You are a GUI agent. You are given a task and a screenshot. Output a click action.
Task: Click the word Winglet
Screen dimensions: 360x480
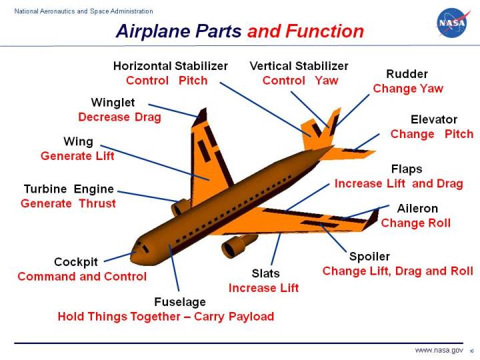[x=113, y=102]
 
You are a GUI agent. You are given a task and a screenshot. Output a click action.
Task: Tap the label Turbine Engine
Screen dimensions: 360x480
[x=69, y=189]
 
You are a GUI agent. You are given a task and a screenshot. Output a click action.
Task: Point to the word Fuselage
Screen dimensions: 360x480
[x=180, y=302]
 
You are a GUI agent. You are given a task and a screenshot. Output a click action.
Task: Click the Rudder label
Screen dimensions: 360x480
[x=407, y=74]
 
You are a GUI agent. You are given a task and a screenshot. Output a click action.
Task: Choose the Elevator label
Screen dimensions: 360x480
[x=433, y=119]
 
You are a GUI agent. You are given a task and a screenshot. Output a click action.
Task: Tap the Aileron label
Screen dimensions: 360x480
[x=417, y=209]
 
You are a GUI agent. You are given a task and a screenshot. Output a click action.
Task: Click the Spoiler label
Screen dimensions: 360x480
[x=369, y=257]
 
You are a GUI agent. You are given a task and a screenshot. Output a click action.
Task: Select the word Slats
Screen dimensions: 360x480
[x=265, y=273]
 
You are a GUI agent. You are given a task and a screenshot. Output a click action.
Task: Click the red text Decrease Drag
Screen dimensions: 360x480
[x=119, y=117]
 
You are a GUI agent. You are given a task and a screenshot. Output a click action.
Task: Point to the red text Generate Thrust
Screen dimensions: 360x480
[x=68, y=203]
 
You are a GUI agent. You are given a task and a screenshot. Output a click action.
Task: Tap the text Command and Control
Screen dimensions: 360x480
[x=82, y=276]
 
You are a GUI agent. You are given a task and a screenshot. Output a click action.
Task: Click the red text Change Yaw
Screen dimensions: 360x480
[x=408, y=88]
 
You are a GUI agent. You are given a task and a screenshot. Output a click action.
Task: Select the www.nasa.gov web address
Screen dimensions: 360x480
[x=439, y=350]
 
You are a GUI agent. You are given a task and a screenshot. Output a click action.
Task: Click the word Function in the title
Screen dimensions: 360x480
[x=325, y=31]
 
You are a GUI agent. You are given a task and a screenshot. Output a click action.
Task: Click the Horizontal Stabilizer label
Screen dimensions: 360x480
[x=170, y=66]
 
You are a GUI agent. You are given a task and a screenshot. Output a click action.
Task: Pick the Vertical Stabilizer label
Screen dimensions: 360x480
[x=299, y=66]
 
